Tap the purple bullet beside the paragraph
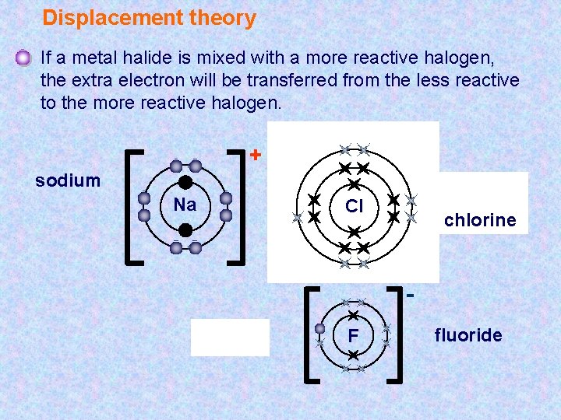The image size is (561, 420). pyautogui.click(x=23, y=58)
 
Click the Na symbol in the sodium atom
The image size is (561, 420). pyautogui.click(x=185, y=205)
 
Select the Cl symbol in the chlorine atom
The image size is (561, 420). pyautogui.click(x=355, y=206)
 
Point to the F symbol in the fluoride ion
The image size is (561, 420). pyautogui.click(x=353, y=336)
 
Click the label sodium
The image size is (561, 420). pyautogui.click(x=68, y=180)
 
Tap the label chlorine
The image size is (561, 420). pyautogui.click(x=480, y=220)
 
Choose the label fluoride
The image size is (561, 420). pyautogui.click(x=468, y=335)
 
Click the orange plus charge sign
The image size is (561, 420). pyautogui.click(x=254, y=155)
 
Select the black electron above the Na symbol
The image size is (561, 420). pyautogui.click(x=185, y=182)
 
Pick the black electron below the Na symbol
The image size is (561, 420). pyautogui.click(x=185, y=230)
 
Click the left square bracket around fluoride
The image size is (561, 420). pyautogui.click(x=309, y=335)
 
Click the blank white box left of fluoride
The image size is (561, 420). pyautogui.click(x=230, y=337)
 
